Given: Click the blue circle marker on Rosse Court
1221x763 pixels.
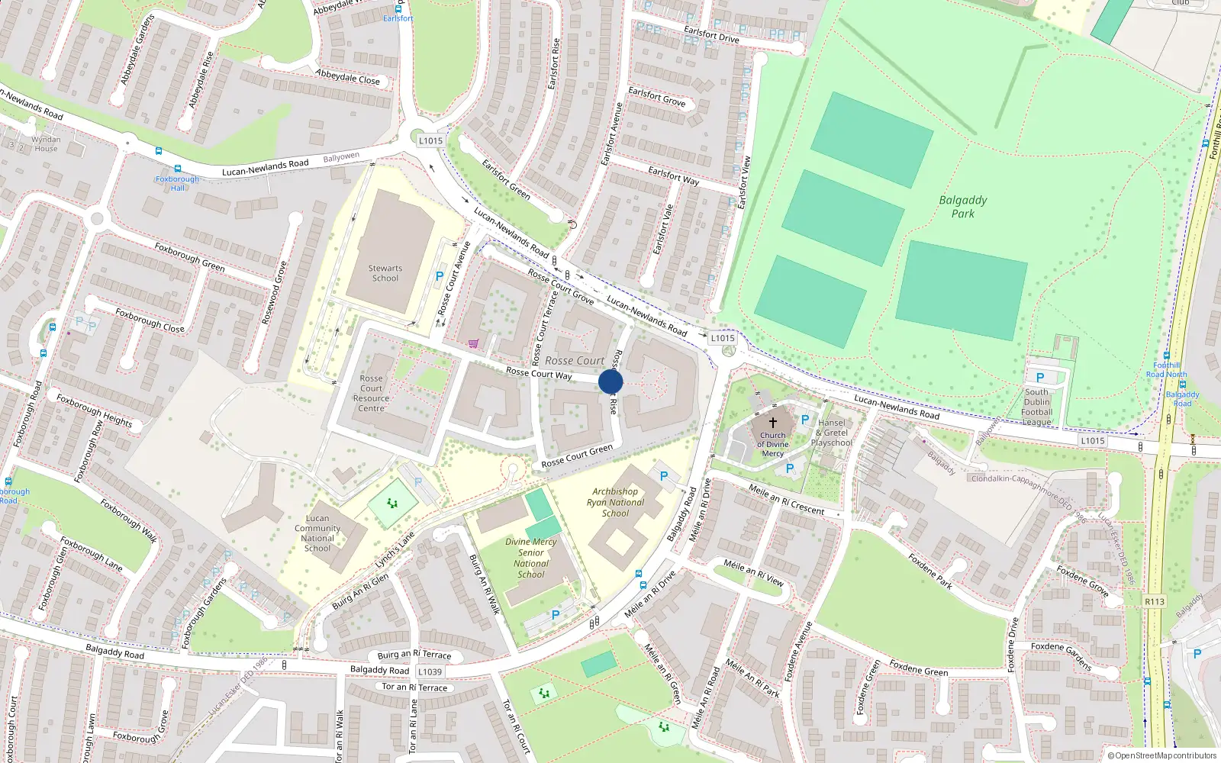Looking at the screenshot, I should [x=610, y=381].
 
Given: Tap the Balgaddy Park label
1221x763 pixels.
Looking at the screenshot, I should [x=962, y=207].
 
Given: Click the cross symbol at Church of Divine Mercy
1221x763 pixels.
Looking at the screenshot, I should [x=773, y=422].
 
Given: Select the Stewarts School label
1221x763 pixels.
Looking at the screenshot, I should [x=385, y=273].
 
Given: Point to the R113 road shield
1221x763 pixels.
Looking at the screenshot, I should [x=1155, y=601].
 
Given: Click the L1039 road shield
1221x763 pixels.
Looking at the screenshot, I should [x=430, y=671].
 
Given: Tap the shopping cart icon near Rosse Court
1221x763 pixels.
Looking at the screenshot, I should [x=473, y=343].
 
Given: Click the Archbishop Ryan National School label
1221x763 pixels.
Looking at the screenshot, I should [x=615, y=502].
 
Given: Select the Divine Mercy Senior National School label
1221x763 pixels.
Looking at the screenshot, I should [x=531, y=558].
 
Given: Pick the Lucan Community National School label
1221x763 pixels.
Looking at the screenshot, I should [x=317, y=533].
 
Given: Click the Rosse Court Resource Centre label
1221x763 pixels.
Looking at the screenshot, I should [x=372, y=393].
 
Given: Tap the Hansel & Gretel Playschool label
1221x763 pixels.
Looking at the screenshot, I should [x=832, y=433].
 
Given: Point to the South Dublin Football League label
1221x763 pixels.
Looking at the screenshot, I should [x=1037, y=407].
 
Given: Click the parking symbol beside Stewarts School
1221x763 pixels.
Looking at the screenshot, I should [x=440, y=276].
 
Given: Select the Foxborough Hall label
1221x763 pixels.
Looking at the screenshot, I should [x=177, y=183].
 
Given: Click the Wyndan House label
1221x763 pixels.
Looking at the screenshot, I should [x=46, y=143].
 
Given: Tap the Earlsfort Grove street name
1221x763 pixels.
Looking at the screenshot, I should [x=656, y=96].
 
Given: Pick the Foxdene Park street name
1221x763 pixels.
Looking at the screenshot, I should [x=930, y=571].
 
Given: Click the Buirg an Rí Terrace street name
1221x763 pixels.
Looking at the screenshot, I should [x=414, y=655].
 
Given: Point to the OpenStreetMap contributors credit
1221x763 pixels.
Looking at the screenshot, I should [x=1161, y=755].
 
